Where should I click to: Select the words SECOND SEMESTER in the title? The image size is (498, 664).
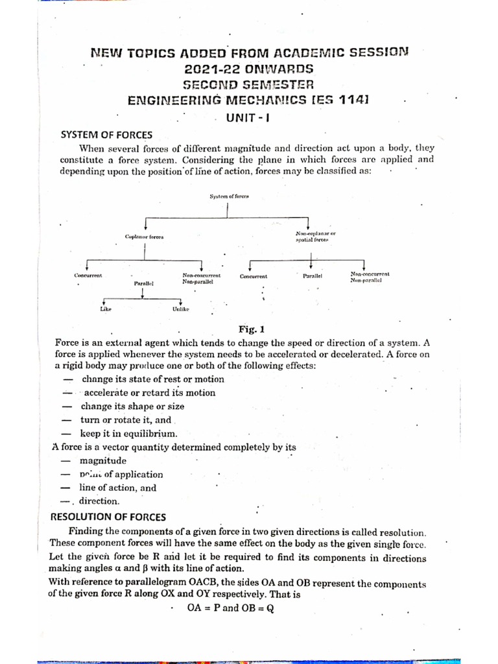tap(248, 84)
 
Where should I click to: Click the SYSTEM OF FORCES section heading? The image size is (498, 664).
tap(106, 135)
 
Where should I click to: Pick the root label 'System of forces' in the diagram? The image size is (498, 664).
tap(229, 196)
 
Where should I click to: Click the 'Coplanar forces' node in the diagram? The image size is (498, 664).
tap(144, 237)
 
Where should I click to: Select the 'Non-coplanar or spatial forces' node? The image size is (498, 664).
tap(315, 236)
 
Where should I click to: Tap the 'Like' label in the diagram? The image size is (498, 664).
tap(106, 309)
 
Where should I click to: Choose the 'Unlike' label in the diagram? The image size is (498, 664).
tap(181, 309)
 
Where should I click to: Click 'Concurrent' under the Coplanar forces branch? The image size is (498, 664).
tap(88, 276)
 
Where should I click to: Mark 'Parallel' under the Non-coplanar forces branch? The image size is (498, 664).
tap(313, 276)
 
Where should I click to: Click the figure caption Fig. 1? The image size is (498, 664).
tap(249, 329)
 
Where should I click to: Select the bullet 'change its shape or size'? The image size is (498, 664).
tap(132, 407)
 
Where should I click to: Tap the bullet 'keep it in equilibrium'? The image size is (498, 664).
tap(128, 434)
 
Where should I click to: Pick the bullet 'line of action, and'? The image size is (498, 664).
tap(117, 488)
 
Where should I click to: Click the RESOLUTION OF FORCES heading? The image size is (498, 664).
tap(108, 517)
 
